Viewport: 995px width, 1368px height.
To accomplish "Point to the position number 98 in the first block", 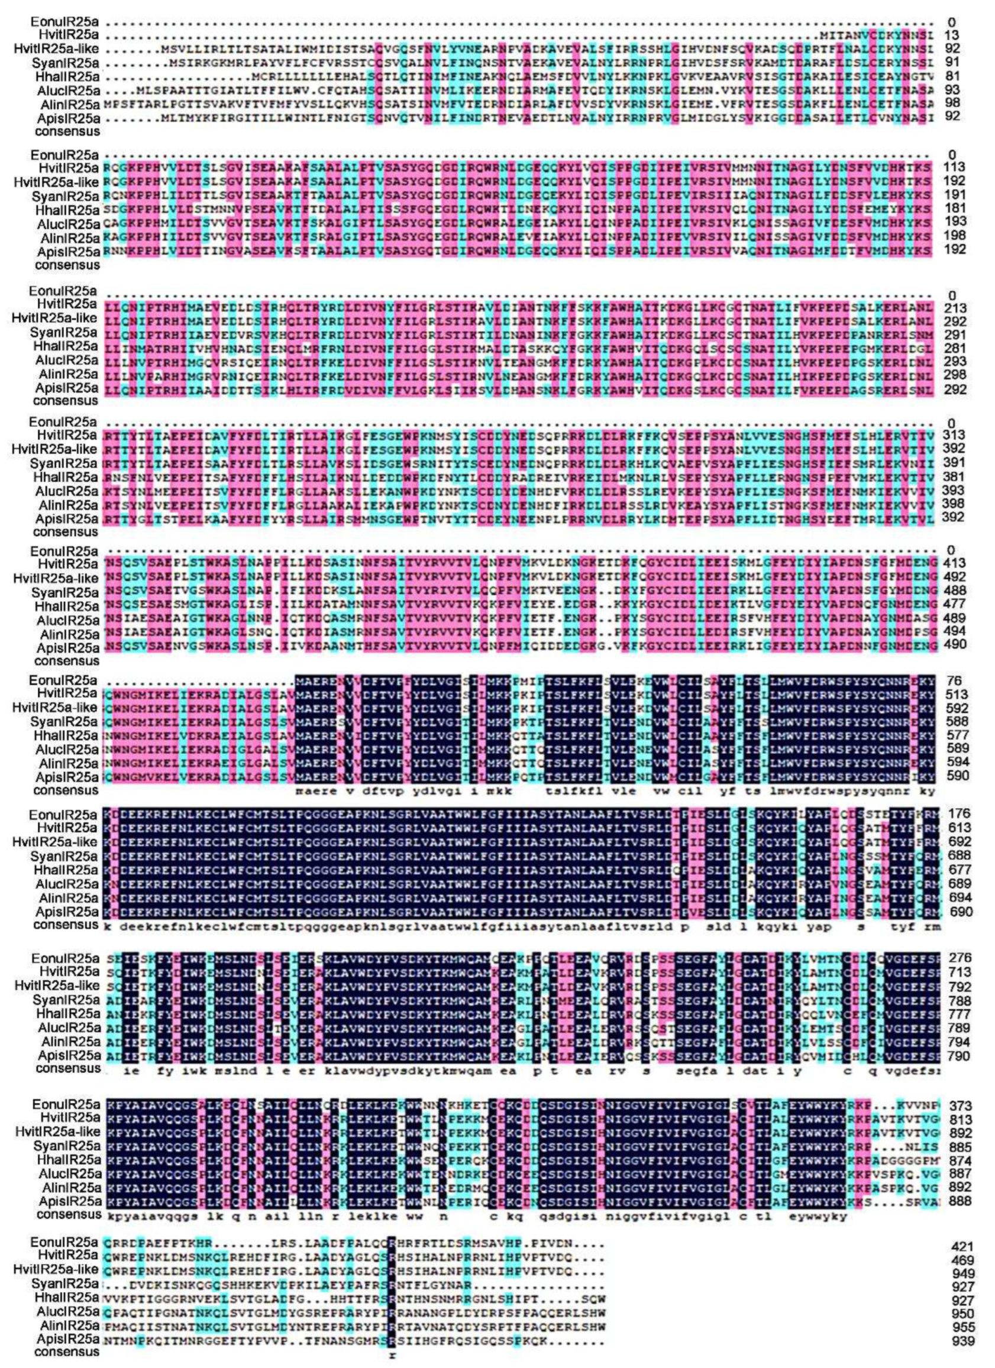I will click(x=954, y=103).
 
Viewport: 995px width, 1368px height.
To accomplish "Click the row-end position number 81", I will click(x=954, y=77).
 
